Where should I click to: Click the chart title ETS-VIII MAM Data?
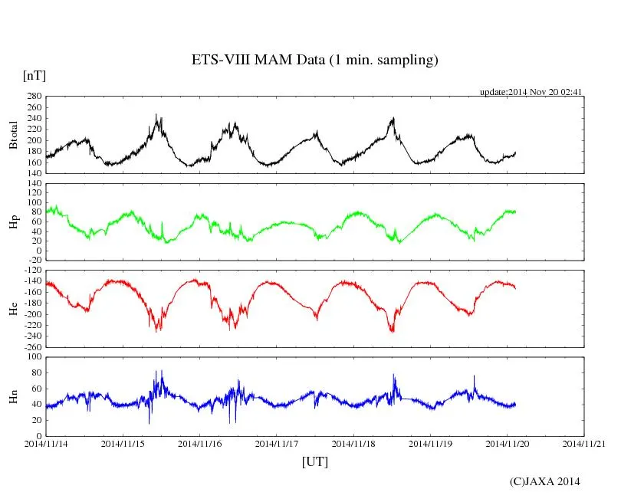pyautogui.click(x=314, y=61)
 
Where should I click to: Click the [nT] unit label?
pyautogui.click(x=34, y=75)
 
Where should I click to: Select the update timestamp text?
pyautogui.click(x=531, y=92)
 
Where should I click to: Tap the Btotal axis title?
pyautogui.click(x=14, y=135)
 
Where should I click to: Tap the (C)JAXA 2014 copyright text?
pyautogui.click(x=544, y=481)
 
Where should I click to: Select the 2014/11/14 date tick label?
pyautogui.click(x=46, y=443)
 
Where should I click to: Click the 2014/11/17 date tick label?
pyautogui.click(x=277, y=443)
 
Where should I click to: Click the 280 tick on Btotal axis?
pyautogui.click(x=34, y=97)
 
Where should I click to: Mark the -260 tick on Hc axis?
pyautogui.click(x=31, y=346)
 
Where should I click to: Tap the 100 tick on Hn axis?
pyautogui.click(x=34, y=357)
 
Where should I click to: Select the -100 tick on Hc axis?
pyautogui.click(x=31, y=271)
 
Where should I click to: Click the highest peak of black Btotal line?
pyautogui.click(x=156, y=115)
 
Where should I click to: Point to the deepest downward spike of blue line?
pyautogui.click(x=149, y=423)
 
